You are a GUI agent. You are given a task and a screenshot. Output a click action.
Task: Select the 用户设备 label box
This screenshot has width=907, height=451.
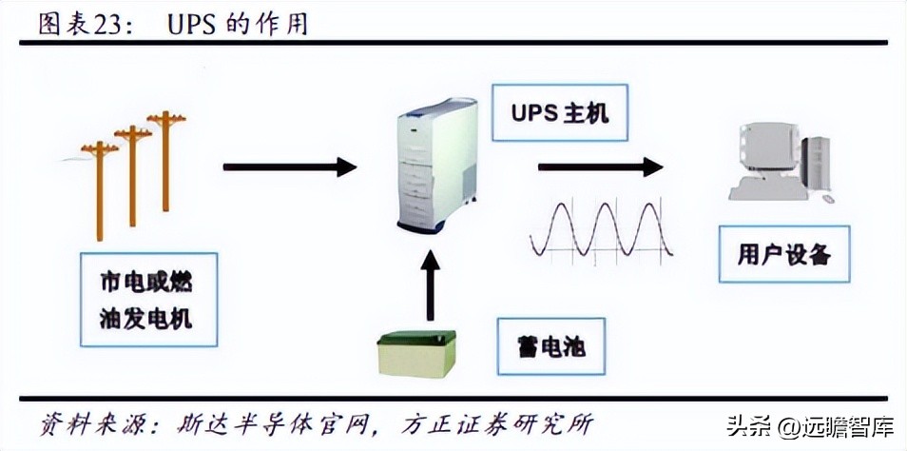pyautogui.click(x=771, y=253)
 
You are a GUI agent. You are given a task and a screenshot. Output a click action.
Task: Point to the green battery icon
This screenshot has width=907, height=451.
pyautogui.click(x=416, y=354)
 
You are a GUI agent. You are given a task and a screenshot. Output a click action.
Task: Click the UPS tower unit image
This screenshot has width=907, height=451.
pyautogui.click(x=436, y=166)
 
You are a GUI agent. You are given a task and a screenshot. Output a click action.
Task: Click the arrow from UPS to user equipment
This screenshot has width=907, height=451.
pyautogui.click(x=600, y=167)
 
